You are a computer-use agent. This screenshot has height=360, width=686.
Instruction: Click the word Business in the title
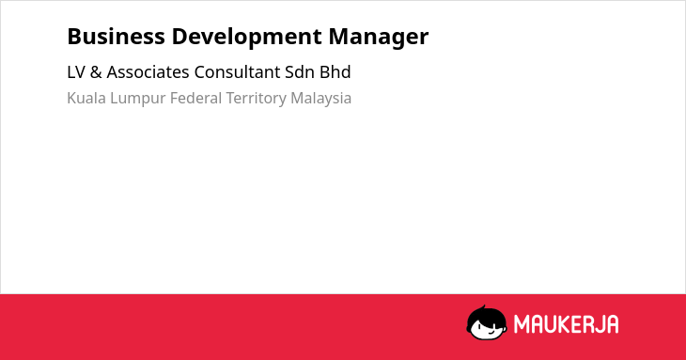pos(116,37)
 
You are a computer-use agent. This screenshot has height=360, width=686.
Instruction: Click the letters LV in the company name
pos(76,72)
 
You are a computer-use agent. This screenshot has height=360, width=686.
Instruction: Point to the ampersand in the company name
pos(96,72)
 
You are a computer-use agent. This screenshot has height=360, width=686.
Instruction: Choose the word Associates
pos(148,72)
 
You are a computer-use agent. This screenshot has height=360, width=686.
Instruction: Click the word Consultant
pos(237,72)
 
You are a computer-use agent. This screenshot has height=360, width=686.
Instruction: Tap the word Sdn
pos(300,72)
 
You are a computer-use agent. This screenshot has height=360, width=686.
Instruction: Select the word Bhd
pos(335,72)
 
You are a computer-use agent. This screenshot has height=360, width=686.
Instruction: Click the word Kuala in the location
pos(86,98)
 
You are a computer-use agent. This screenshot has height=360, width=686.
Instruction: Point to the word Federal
pos(196,98)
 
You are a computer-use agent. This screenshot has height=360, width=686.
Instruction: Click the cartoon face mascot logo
pos(487,322)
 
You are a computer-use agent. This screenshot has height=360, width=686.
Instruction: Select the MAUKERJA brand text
pos(566,324)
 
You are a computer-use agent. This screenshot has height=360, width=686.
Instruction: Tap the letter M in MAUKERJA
pos(521,324)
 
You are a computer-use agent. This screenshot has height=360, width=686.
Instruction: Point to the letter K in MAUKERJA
pos(564,324)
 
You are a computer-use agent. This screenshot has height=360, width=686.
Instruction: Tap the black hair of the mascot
pos(486,313)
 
